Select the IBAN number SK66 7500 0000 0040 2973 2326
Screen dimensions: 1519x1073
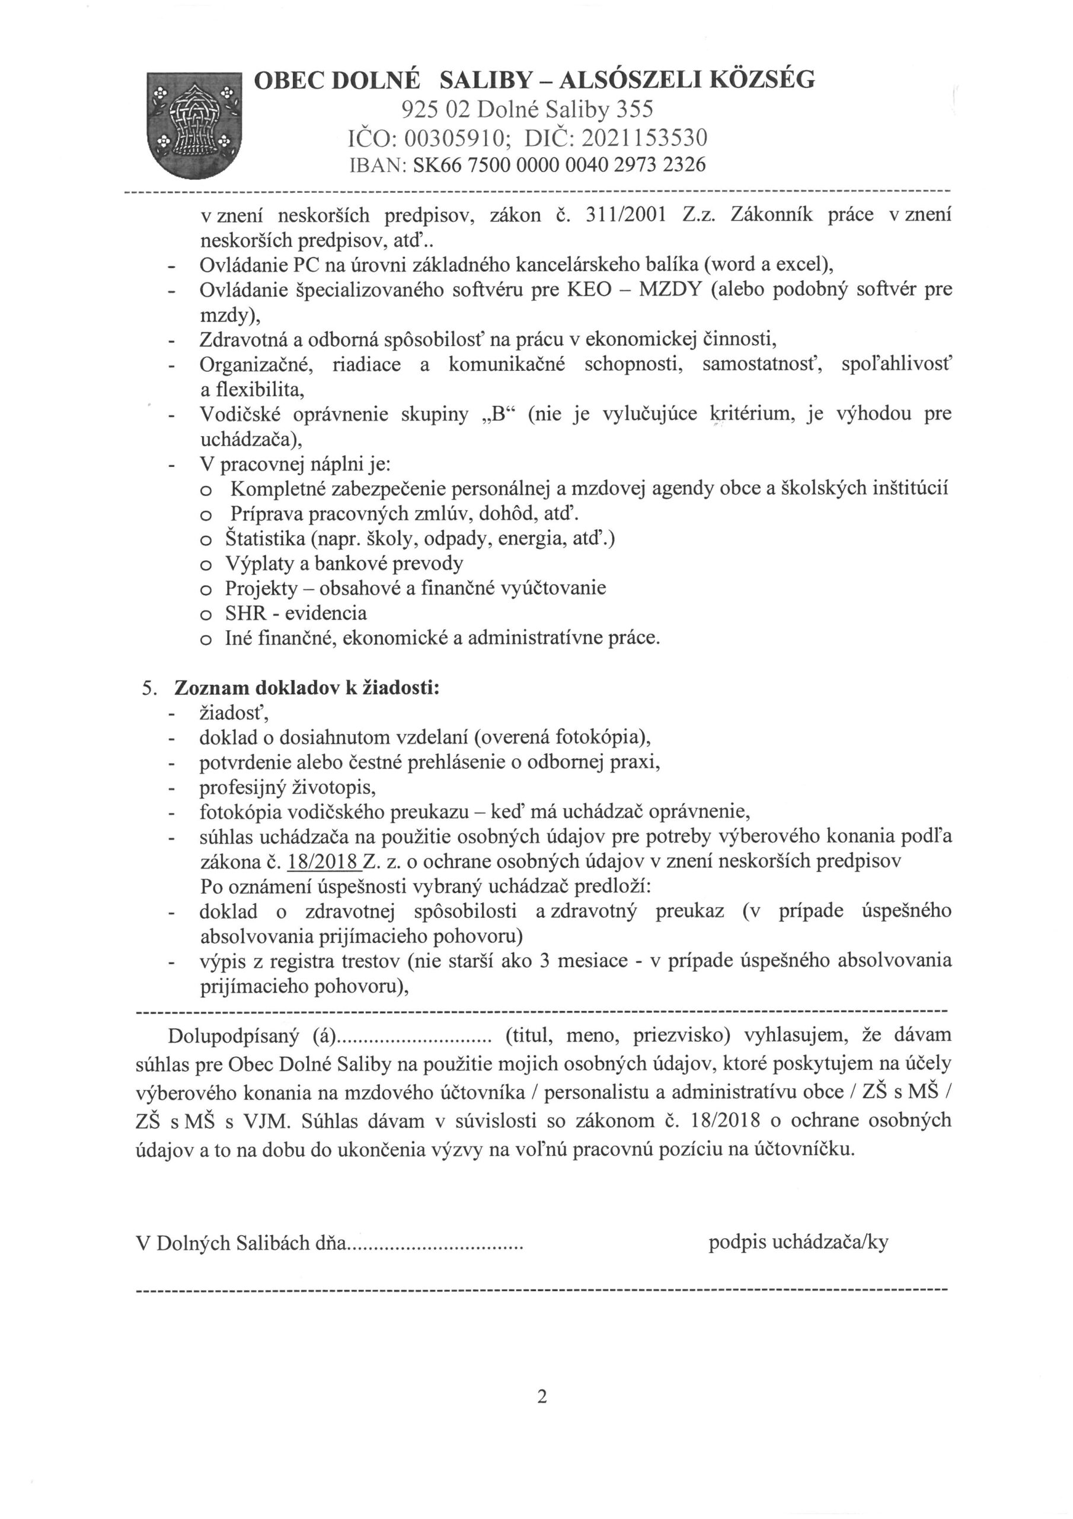tap(558, 164)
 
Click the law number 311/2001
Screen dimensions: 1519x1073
tap(625, 215)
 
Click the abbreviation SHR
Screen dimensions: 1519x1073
tap(245, 614)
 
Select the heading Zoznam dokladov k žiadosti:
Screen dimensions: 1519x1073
tap(306, 688)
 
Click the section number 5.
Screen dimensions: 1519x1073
tap(149, 688)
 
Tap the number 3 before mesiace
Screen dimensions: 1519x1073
tap(545, 961)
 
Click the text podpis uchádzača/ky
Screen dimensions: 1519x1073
tap(798, 1242)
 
